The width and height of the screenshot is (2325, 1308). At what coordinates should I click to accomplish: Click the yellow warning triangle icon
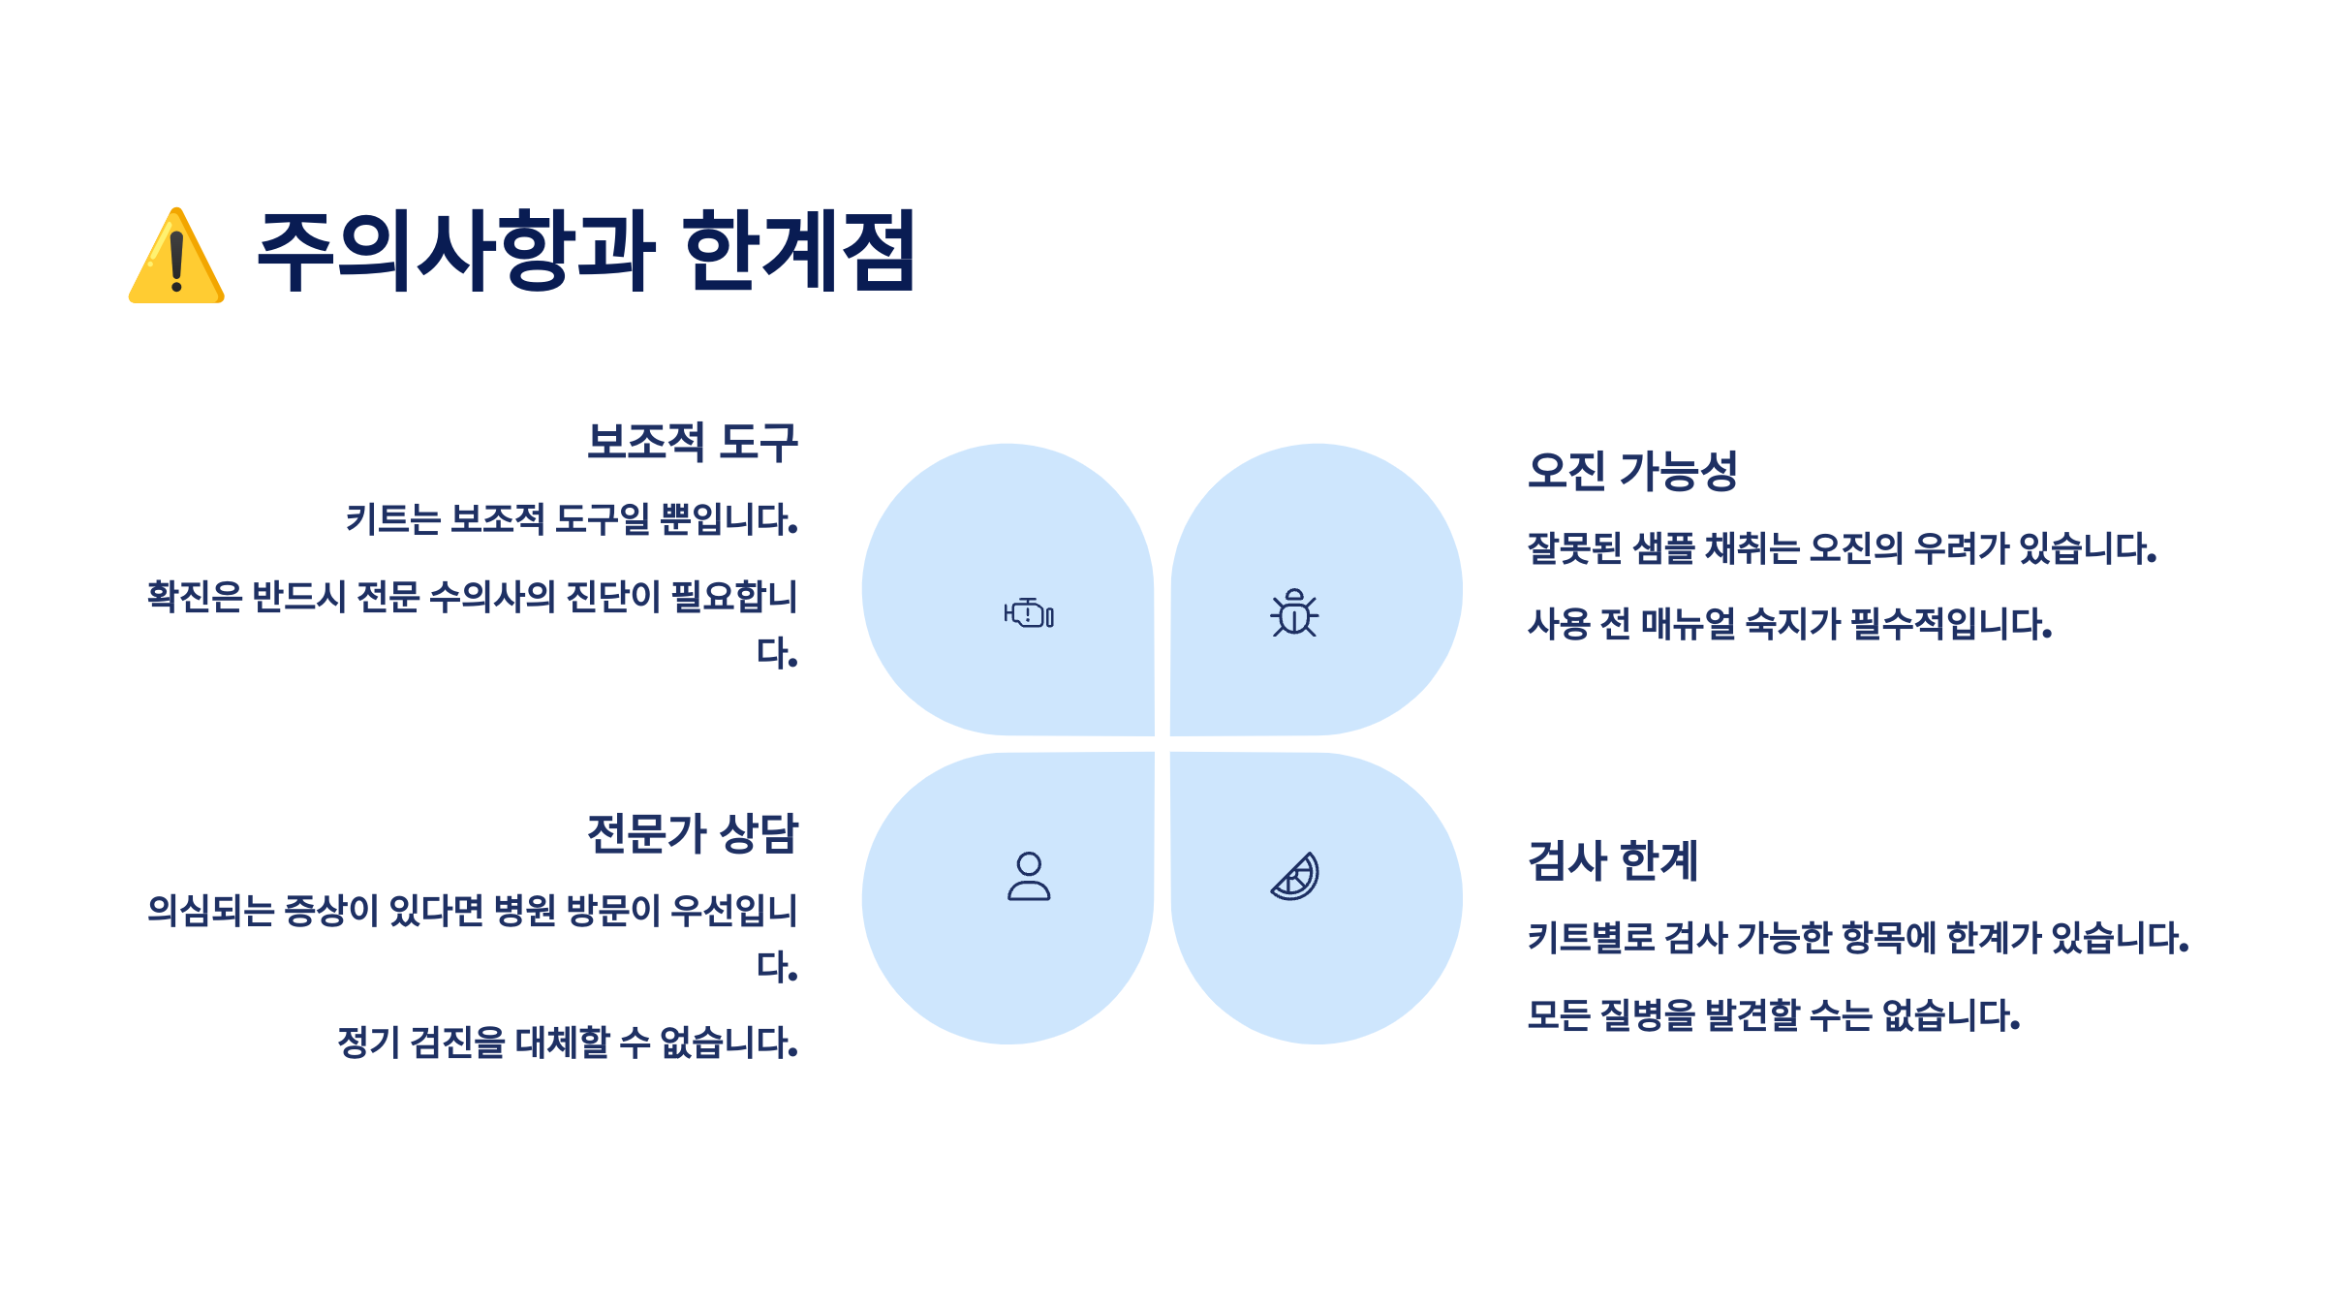point(176,258)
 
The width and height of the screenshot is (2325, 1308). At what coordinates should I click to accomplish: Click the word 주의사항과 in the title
point(455,251)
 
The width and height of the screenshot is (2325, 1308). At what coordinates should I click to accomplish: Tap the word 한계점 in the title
point(799,251)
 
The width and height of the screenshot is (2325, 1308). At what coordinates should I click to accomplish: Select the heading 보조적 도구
point(692,442)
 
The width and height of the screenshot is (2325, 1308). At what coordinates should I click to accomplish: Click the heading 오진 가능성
point(1632,472)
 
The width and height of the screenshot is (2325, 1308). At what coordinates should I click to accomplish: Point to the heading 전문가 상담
point(692,833)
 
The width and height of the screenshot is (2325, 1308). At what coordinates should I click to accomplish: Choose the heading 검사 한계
point(1613,861)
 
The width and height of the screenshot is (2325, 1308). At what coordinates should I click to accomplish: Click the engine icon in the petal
point(1029,613)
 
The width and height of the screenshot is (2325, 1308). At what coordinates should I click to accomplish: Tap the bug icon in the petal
point(1294,612)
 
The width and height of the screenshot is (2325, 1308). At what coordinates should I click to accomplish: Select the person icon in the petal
point(1029,876)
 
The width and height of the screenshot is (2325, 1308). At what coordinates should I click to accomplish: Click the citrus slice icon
point(1295,876)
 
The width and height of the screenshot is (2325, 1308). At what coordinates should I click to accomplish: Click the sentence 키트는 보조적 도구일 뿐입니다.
point(572,519)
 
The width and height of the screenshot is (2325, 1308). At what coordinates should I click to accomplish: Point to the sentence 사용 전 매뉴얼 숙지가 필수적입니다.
point(1789,624)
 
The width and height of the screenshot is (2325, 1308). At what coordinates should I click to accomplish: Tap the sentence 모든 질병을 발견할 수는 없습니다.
point(1773,1015)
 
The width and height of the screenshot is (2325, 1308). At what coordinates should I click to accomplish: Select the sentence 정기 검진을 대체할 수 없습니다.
point(568,1043)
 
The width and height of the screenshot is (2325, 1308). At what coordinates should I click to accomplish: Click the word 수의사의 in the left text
point(491,596)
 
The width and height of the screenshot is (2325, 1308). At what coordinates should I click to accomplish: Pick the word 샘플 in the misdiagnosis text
point(1663,548)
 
